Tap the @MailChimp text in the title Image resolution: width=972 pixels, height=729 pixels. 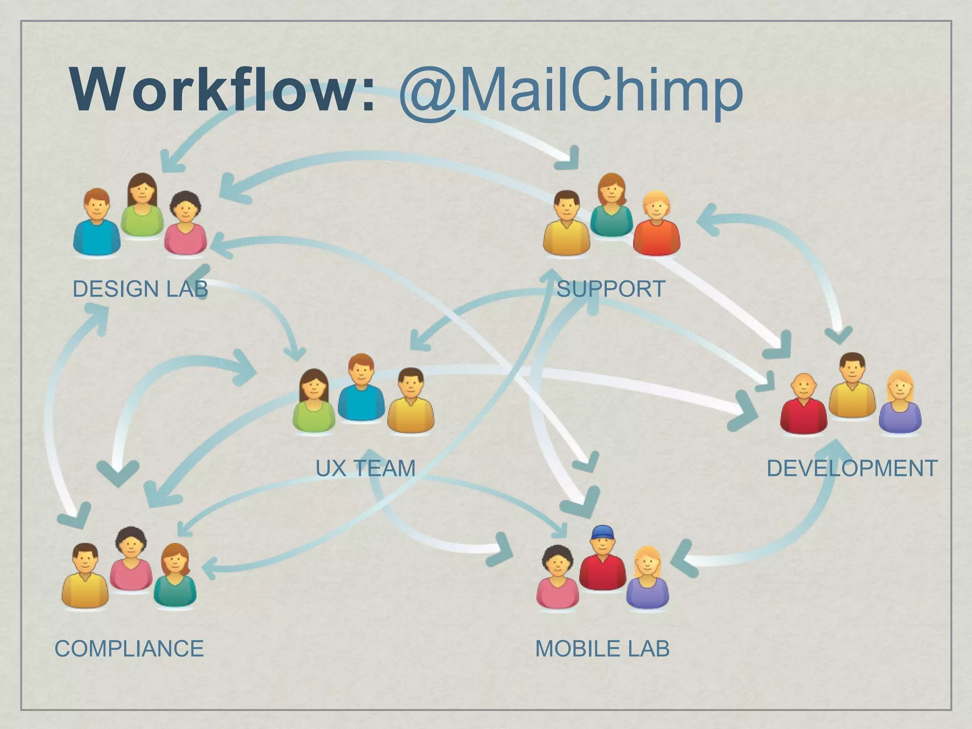pos(570,90)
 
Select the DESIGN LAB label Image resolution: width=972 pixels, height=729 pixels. pos(140,289)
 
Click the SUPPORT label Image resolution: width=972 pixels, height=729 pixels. pos(611,289)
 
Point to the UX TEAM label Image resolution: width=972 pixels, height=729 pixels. pos(365,468)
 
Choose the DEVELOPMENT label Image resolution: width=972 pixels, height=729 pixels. pos(852,468)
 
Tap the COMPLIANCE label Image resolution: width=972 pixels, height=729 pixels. pos(129,649)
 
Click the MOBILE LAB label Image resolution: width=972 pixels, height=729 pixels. pos(602,649)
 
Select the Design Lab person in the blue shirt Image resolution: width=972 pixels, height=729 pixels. pos(97,223)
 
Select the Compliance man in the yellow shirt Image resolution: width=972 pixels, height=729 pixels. pos(85,577)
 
